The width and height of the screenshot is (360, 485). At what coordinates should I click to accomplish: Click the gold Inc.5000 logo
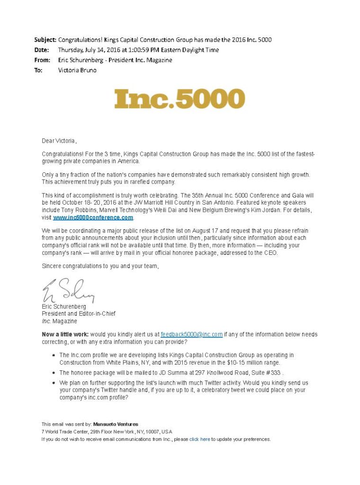(180, 99)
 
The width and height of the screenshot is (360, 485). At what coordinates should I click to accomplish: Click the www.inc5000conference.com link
(93, 217)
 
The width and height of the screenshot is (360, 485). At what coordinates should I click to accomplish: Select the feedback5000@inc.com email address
(191, 334)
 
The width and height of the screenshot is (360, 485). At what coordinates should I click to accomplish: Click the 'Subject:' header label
(45, 39)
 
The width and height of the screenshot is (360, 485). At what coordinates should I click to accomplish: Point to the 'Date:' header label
(42, 50)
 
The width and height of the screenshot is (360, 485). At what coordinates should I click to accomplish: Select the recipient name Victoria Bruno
(77, 70)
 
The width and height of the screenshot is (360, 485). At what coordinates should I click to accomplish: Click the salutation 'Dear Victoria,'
(59, 141)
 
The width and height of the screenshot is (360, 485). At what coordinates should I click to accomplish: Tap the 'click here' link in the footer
(200, 439)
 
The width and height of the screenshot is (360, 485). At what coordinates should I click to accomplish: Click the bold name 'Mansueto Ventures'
(116, 424)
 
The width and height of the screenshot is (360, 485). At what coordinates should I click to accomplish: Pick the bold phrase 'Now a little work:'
(65, 334)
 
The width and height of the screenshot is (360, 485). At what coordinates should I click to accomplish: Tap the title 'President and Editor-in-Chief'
(79, 314)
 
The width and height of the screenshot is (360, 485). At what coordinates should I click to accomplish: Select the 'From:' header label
(42, 60)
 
